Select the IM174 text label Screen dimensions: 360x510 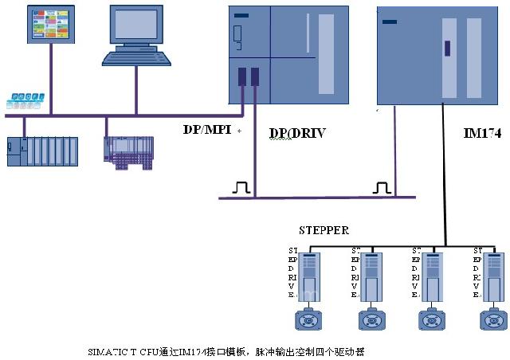[482, 133]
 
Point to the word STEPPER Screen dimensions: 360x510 [324, 230]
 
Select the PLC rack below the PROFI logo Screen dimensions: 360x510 [42, 151]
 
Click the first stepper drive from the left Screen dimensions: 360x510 [308, 276]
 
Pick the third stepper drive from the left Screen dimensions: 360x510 [431, 276]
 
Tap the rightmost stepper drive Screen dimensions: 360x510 [492, 276]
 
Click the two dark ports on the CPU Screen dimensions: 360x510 [249, 76]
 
